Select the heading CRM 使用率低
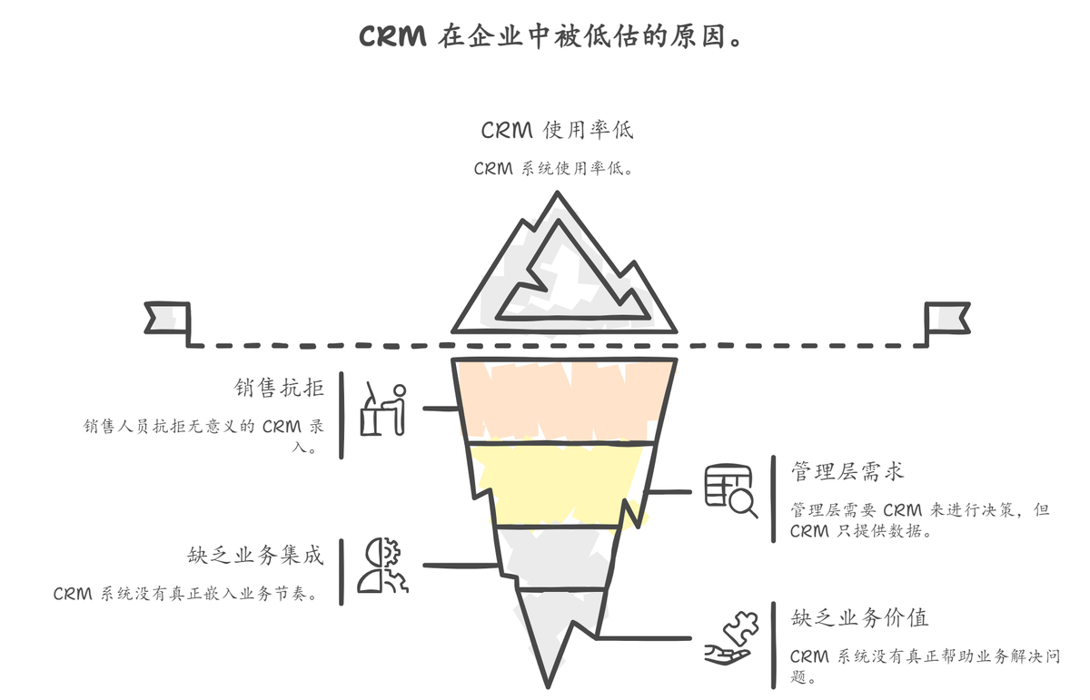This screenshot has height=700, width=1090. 557,130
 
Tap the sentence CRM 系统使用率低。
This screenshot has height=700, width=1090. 553,169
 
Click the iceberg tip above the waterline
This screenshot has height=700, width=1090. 564,272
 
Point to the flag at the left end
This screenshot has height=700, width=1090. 168,320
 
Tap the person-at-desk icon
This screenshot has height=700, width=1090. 382,410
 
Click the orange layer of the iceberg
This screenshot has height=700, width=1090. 563,399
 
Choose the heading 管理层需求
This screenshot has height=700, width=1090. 847,472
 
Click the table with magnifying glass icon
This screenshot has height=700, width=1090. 731,490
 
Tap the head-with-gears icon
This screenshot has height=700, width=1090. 381,566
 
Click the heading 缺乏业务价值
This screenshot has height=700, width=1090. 858,618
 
